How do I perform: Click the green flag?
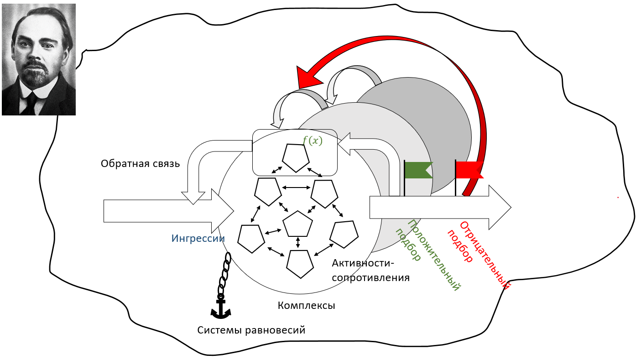point(417,170)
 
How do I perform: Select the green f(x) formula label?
point(313,141)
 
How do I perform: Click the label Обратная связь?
point(140,164)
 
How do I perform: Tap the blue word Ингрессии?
point(198,238)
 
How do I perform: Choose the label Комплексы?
point(306,306)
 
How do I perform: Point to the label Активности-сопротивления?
point(370,270)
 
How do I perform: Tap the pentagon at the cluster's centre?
point(298,224)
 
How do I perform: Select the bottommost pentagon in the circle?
point(300,264)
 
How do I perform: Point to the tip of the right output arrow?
point(510,207)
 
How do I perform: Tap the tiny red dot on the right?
point(618,197)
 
